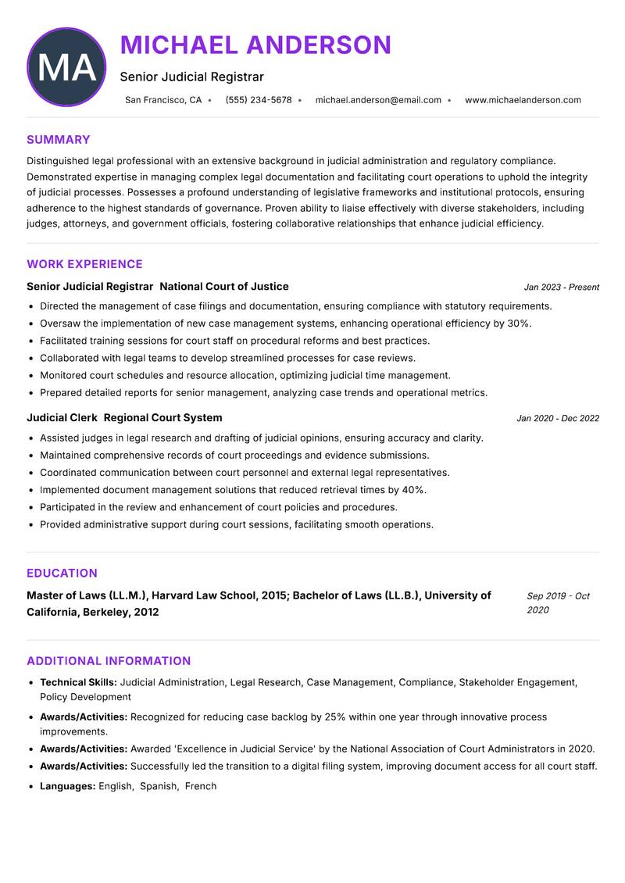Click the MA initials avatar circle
click(x=66, y=67)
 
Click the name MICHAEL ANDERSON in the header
click(x=255, y=45)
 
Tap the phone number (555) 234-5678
click(x=258, y=100)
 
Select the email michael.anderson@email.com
click(x=378, y=100)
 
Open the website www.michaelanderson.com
click(x=523, y=100)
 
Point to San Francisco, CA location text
click(x=163, y=100)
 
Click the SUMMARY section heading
click(x=59, y=140)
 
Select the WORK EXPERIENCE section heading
click(x=84, y=264)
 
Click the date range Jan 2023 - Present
click(x=561, y=288)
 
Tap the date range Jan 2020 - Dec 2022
click(x=558, y=419)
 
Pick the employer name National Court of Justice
click(x=224, y=287)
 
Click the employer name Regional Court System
click(x=162, y=418)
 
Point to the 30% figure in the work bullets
click(x=519, y=324)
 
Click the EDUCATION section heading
click(x=62, y=573)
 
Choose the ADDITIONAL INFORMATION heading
click(x=109, y=661)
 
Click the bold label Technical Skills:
click(x=78, y=682)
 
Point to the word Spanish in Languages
click(x=159, y=786)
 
